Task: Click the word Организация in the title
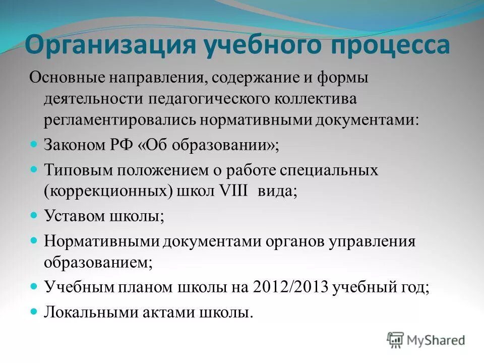[x=110, y=45]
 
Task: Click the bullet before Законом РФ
[x=34, y=144]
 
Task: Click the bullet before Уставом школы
[x=34, y=215]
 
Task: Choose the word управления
[x=373, y=241]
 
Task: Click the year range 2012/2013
[x=286, y=287]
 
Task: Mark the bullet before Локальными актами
[x=34, y=311]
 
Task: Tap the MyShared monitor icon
[x=396, y=340]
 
